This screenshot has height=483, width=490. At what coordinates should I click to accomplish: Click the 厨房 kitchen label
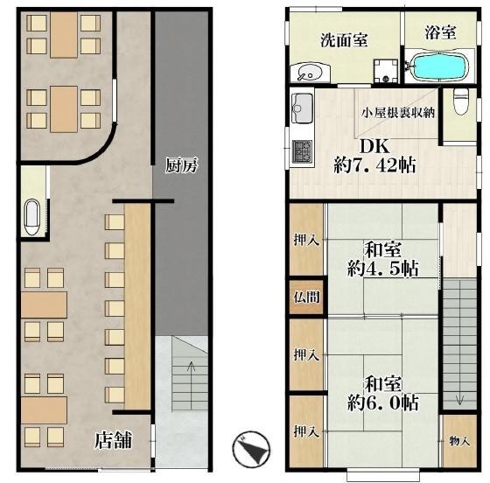coord(181,165)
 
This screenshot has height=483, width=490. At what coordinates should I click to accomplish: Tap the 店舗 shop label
coord(113,440)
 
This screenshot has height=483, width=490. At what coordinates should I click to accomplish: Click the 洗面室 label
coord(344,40)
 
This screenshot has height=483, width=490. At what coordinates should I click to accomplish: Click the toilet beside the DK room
coord(461,101)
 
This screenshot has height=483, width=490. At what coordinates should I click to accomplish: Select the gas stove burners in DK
coord(302,151)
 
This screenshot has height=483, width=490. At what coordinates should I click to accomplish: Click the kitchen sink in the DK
coord(302,108)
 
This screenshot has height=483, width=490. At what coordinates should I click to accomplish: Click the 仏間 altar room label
coord(306,297)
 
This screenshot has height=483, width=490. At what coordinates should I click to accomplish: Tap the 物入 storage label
coord(459,442)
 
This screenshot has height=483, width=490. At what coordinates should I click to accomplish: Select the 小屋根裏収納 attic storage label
coord(398,113)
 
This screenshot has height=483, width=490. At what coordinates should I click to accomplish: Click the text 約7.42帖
coord(375,165)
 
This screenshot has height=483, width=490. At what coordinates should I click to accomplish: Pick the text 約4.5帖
coord(383,269)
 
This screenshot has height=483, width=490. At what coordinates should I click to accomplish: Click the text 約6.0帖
coord(383,402)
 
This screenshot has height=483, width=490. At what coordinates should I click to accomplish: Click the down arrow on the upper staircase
coord(459,398)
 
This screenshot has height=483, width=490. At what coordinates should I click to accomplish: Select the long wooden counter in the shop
coord(138,306)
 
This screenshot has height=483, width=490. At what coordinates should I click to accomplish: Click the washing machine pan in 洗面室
coord(386,71)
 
